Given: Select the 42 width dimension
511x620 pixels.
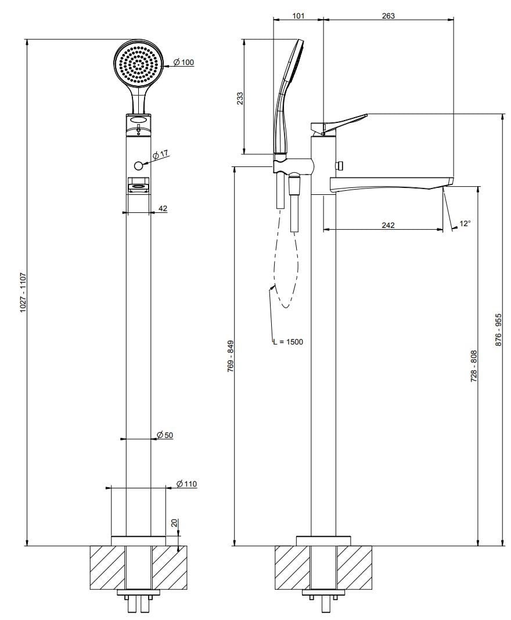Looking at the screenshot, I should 163,208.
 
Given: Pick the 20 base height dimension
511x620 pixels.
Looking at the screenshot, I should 174,523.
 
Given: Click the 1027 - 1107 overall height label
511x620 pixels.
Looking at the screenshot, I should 23,292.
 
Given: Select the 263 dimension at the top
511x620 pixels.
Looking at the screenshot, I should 387,16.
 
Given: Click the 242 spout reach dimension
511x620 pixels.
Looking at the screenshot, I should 388,225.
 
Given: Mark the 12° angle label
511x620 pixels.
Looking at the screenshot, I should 465,223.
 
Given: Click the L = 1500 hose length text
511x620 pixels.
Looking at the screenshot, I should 289,342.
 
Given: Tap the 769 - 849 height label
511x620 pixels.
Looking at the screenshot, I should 230,356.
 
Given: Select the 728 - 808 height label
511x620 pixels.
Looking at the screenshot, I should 473,365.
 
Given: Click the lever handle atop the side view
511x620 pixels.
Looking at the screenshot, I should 340,122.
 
